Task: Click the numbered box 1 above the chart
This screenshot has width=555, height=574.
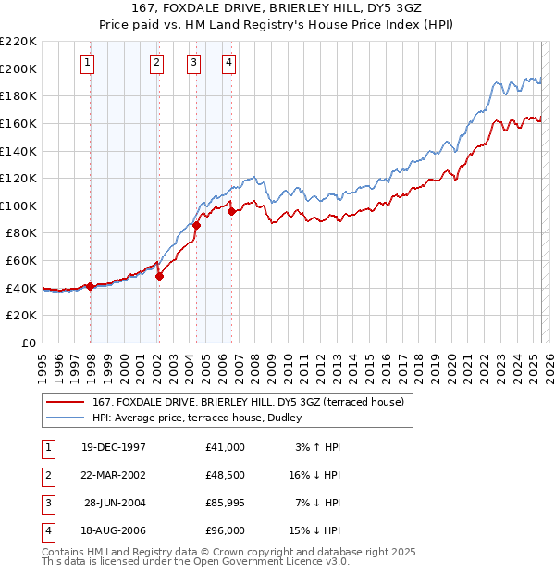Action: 87,63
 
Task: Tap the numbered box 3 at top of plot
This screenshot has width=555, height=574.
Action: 193,63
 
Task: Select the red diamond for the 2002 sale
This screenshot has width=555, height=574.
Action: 159,275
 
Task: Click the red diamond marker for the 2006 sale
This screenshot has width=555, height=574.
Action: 231,210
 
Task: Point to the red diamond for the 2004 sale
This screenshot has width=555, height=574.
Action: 197,225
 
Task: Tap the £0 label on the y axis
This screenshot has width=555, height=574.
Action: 27,343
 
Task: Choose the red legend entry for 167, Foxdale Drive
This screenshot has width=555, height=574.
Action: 247,403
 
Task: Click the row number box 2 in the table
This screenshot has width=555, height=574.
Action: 46,475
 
